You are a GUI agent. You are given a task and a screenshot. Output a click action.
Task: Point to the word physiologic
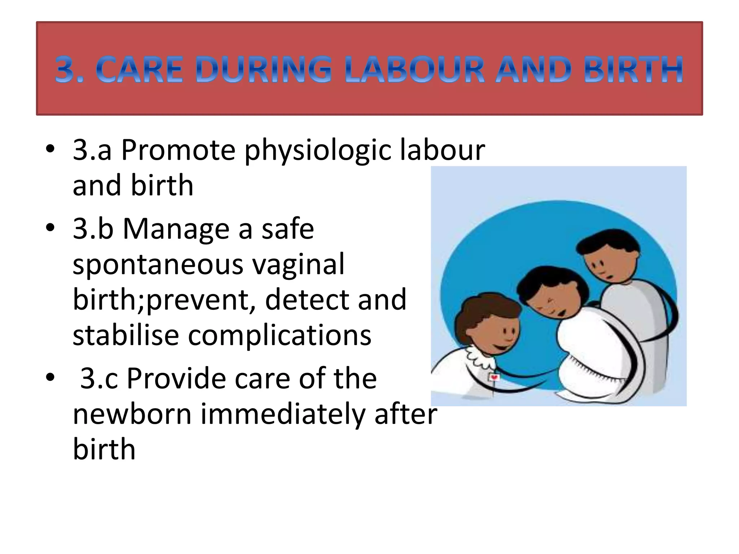tap(318, 151)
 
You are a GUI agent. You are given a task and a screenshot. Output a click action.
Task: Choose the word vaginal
tap(298, 265)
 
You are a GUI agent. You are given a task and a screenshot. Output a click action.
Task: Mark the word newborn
tap(132, 414)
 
